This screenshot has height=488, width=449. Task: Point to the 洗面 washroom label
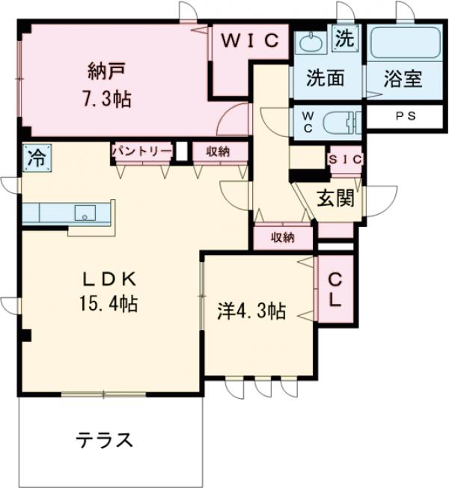click(x=326, y=78)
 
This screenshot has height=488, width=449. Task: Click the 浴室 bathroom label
click(x=403, y=78)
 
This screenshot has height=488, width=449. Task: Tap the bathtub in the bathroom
click(x=404, y=43)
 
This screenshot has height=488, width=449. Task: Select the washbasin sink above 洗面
click(x=308, y=43)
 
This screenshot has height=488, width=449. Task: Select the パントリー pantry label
click(x=141, y=151)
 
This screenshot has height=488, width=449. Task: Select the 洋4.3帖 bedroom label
click(x=251, y=312)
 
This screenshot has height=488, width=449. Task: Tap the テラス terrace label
click(x=104, y=439)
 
